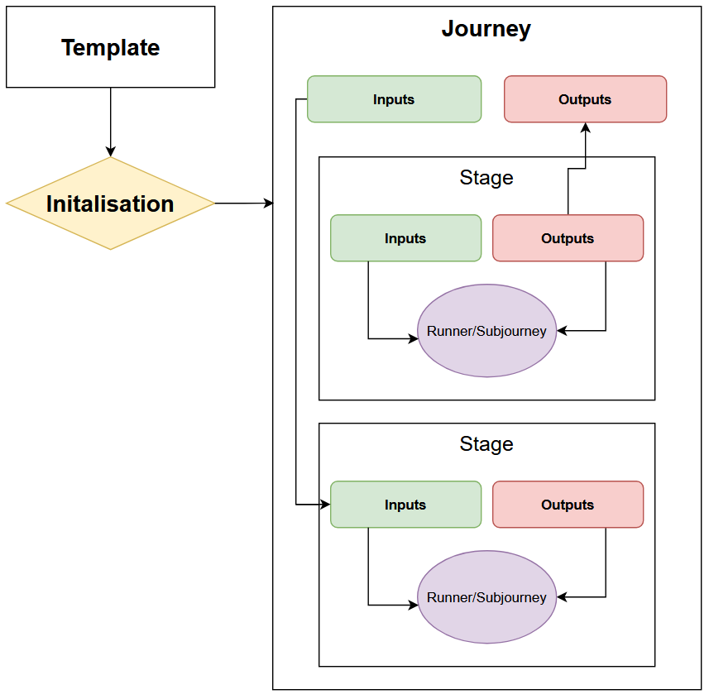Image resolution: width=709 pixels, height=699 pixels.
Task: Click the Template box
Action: tap(110, 47)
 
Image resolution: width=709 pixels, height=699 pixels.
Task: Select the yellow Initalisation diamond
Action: tap(110, 203)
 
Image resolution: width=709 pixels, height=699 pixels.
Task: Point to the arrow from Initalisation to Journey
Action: tap(244, 203)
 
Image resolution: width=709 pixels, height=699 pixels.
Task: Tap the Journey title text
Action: tap(486, 29)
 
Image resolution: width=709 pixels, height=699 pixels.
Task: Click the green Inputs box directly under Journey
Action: tap(394, 99)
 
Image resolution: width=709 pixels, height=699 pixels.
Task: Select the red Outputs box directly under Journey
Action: tap(585, 99)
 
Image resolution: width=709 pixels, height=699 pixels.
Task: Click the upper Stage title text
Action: tap(486, 178)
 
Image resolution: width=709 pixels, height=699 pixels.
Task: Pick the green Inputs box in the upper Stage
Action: tap(405, 238)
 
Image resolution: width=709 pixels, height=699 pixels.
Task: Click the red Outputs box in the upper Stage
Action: tap(568, 238)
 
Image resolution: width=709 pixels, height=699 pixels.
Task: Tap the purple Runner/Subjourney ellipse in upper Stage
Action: tap(486, 331)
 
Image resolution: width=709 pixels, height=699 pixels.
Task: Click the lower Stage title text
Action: tap(486, 444)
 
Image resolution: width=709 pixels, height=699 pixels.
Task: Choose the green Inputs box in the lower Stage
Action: tap(405, 505)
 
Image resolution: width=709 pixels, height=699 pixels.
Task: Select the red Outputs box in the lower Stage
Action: tap(568, 505)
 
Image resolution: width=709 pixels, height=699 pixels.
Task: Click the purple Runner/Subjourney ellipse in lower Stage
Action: tap(486, 597)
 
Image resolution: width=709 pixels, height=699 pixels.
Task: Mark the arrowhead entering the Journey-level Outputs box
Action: tap(585, 127)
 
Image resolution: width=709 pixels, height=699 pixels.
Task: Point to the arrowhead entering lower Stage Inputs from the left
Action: tap(325, 505)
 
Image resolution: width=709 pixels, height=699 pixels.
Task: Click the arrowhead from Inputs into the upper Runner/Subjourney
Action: tap(414, 338)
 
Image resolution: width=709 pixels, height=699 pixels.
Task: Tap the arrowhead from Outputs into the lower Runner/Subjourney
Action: tap(562, 597)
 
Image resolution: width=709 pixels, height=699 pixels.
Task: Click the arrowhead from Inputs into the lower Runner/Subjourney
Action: tap(414, 605)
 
